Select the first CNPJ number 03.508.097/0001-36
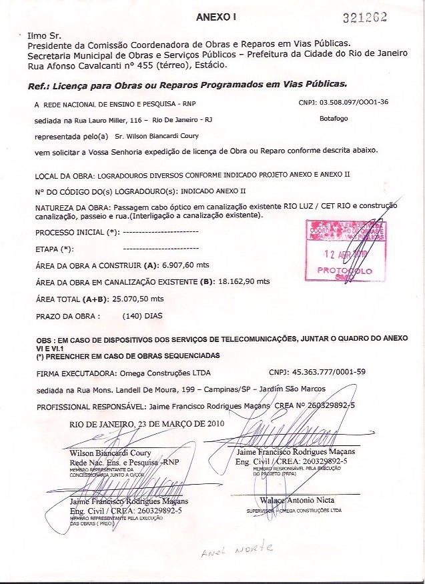pos(354,102)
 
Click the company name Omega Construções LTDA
pos(163,373)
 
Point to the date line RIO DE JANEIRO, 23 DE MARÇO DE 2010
pos(147,423)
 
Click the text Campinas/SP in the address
pos(229,389)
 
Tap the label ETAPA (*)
pos(53,249)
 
